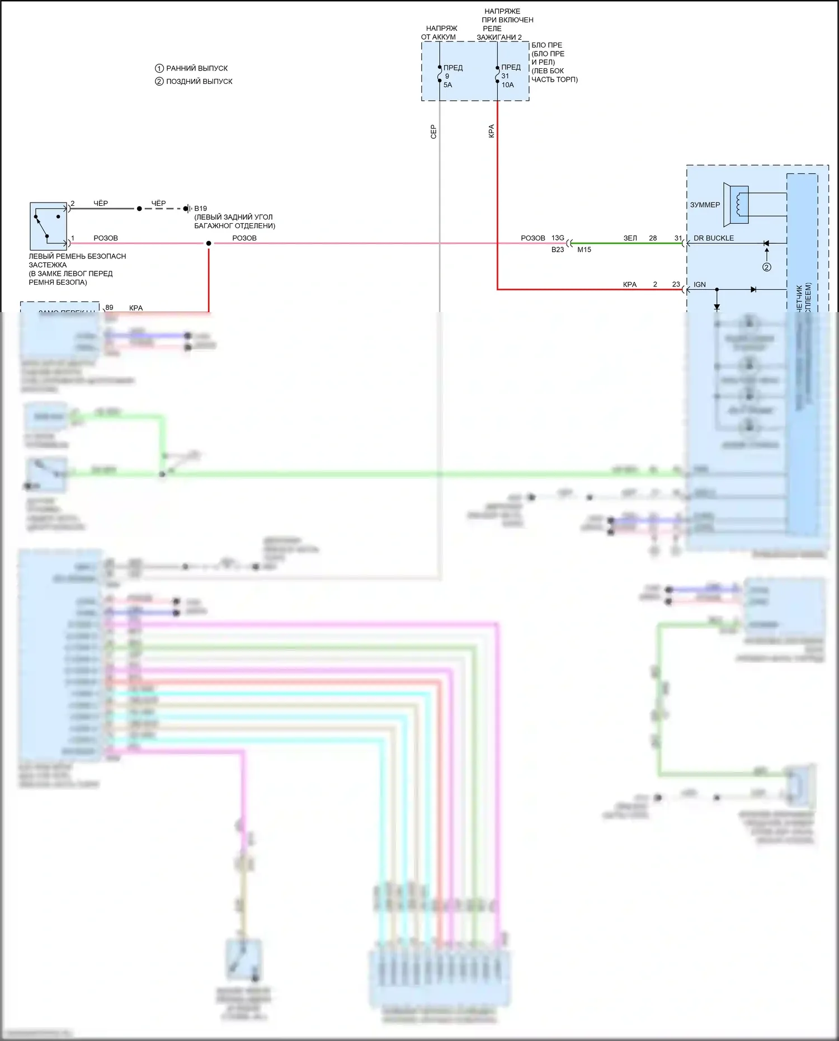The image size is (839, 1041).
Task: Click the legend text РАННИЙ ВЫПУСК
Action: pos(197,68)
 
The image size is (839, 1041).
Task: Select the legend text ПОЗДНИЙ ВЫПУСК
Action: pos(199,81)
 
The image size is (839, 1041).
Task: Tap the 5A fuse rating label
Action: pos(447,85)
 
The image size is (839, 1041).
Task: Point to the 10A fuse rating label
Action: pos(507,85)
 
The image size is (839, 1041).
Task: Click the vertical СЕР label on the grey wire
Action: pos(433,132)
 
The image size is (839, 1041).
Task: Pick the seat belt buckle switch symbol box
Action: pos(48,226)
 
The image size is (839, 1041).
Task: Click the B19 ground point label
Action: pos(200,209)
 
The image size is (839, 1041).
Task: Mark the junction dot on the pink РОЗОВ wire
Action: pos(209,243)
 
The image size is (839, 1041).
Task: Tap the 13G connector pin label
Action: pos(558,238)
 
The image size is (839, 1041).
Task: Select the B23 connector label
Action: pos(558,249)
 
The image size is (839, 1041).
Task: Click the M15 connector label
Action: pos(584,249)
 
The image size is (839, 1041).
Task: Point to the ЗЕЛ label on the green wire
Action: pos(630,238)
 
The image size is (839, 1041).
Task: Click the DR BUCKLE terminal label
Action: pos(713,238)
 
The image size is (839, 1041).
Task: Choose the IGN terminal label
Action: pos(700,285)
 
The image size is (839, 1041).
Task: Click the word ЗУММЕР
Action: pos(705,205)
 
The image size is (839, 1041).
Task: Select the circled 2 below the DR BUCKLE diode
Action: pos(767,267)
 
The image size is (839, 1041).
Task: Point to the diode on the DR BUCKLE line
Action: pos(766,243)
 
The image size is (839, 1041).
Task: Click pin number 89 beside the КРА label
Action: pos(109,308)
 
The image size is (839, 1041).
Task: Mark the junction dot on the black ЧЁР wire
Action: pos(139,209)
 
